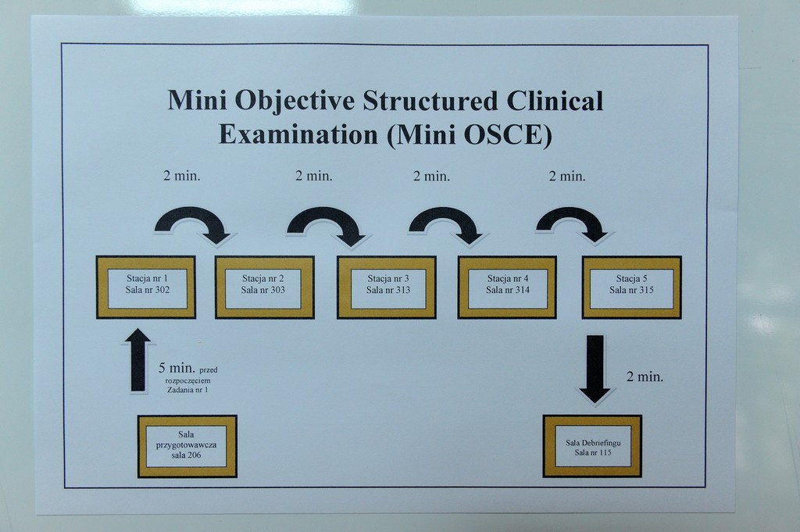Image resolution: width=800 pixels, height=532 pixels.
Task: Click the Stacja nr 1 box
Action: (146, 287)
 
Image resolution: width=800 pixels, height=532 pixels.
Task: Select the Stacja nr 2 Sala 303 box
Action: (264, 287)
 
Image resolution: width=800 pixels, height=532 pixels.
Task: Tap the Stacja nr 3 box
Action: (386, 287)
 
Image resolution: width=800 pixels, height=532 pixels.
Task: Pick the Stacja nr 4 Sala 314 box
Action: (507, 287)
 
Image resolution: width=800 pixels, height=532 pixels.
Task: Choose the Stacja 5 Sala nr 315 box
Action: (631, 287)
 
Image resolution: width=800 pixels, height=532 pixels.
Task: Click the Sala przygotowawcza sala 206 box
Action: (187, 446)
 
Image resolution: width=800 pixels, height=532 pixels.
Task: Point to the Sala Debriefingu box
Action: (592, 446)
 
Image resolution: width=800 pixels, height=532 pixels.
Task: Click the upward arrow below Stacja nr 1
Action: (136, 361)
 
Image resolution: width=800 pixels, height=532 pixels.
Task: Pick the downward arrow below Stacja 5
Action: (595, 370)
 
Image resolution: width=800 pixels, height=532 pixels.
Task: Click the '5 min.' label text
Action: (177, 368)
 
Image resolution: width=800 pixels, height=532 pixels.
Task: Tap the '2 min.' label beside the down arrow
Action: (645, 377)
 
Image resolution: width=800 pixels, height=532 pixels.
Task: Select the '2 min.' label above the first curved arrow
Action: (181, 176)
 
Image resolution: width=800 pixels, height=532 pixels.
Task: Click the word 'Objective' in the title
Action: (294, 101)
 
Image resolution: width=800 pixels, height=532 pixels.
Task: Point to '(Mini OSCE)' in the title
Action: (470, 135)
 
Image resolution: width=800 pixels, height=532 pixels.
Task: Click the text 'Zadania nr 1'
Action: (187, 390)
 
